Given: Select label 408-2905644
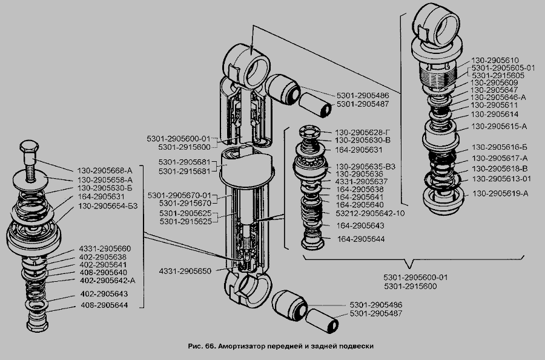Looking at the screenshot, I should [104, 306].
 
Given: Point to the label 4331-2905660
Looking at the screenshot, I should [104, 248].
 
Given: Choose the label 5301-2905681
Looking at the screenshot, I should [185, 163].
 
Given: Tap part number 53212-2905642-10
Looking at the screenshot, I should [370, 213].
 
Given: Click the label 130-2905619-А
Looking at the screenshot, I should [500, 194].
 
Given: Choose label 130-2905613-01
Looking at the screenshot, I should [501, 179].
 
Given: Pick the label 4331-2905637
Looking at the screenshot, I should [361, 181].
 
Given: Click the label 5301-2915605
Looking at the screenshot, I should [498, 75].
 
